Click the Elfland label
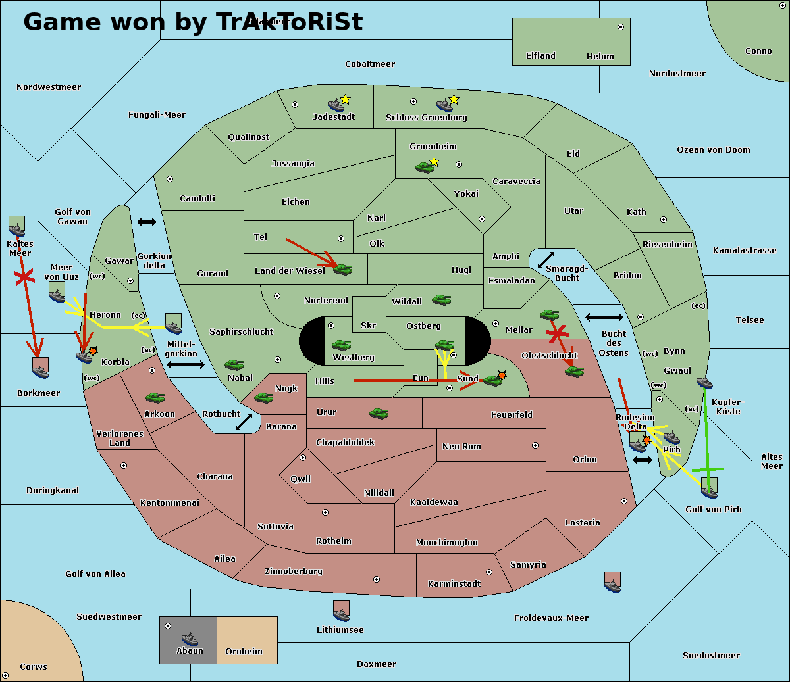pyautogui.click(x=540, y=56)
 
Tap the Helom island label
pyautogui.click(x=600, y=57)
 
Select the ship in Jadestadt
pyautogui.click(x=336, y=105)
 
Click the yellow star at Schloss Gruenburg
pyautogui.click(x=454, y=99)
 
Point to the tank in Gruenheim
pyautogui.click(x=425, y=167)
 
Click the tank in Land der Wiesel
pyautogui.click(x=342, y=268)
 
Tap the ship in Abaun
pyautogui.click(x=190, y=639)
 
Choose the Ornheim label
pyautogui.click(x=244, y=652)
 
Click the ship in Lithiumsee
pyautogui.click(x=341, y=612)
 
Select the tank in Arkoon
pyautogui.click(x=155, y=397)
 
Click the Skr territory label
pyautogui.click(x=368, y=325)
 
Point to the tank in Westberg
pyautogui.click(x=341, y=345)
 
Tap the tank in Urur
pyautogui.click(x=379, y=413)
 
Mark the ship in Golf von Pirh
pyautogui.click(x=709, y=489)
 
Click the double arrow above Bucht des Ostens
pyautogui.click(x=604, y=318)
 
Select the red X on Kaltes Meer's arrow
pyautogui.click(x=24, y=278)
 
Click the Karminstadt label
pyautogui.click(x=454, y=584)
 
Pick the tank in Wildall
pyautogui.click(x=441, y=299)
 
